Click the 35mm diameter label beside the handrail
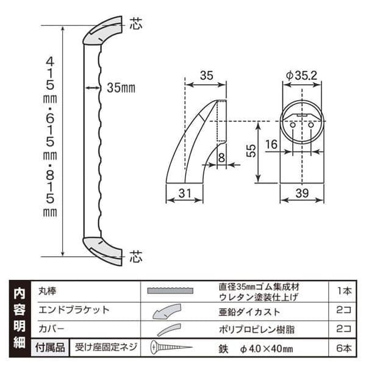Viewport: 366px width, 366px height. [x=121, y=88]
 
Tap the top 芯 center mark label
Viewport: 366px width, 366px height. [x=135, y=25]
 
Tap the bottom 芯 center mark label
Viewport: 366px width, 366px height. [x=135, y=257]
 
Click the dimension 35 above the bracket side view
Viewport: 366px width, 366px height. [x=207, y=76]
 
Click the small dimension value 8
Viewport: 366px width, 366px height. [x=221, y=158]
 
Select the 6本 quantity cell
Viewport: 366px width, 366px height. [x=343, y=349]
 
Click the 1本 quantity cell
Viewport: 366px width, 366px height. [x=343, y=291]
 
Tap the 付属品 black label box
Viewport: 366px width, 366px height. [x=48, y=348]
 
